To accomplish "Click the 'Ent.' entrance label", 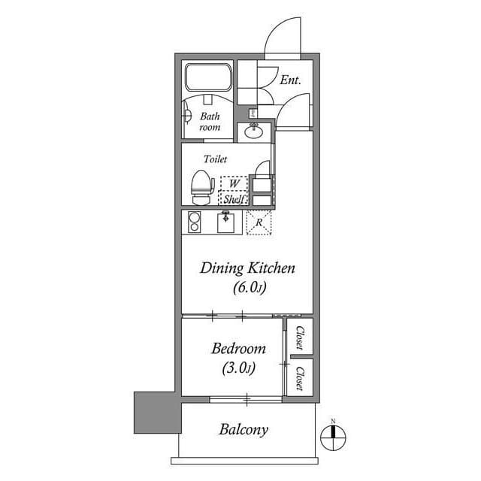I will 291,79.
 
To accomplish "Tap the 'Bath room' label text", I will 210,122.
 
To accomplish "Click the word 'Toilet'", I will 215,159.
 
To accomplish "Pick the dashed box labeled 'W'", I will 234,183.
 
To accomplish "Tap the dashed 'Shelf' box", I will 234,199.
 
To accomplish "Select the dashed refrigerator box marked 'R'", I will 259,222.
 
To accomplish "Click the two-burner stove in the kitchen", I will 194,222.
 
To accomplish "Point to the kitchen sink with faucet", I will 227,222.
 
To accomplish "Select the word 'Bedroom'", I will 238,349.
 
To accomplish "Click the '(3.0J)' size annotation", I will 238,368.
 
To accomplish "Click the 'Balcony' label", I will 244,430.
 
